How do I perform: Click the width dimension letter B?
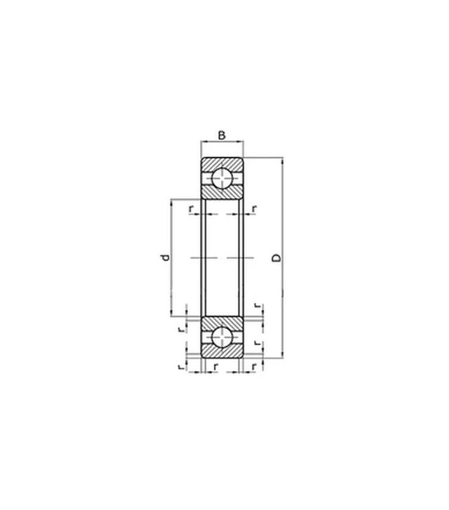click(x=222, y=135)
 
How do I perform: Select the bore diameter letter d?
click(x=166, y=257)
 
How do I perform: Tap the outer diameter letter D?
click(x=276, y=258)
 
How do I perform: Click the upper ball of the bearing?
click(x=222, y=178)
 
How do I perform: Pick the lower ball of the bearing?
click(x=222, y=337)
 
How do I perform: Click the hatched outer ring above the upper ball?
click(x=222, y=163)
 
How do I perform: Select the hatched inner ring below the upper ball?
click(x=222, y=192)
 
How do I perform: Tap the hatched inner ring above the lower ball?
click(x=222, y=322)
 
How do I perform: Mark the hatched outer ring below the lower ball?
click(x=222, y=351)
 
